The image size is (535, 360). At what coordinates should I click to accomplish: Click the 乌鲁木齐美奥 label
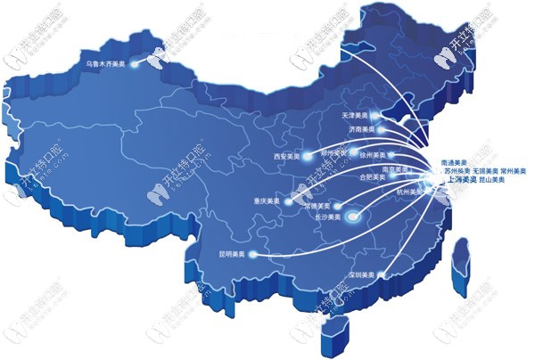pos(106,64)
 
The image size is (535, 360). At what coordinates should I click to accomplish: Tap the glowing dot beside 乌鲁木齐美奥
pos(135,64)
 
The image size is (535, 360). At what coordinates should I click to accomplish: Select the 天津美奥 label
pos(355,116)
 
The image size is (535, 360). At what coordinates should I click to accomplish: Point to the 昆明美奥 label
pos(230,254)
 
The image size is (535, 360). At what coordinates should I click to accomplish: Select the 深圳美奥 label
pos(359,274)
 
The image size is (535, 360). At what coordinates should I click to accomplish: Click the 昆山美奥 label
pos(488,180)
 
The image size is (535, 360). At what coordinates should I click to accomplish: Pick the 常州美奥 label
pos(513,169)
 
